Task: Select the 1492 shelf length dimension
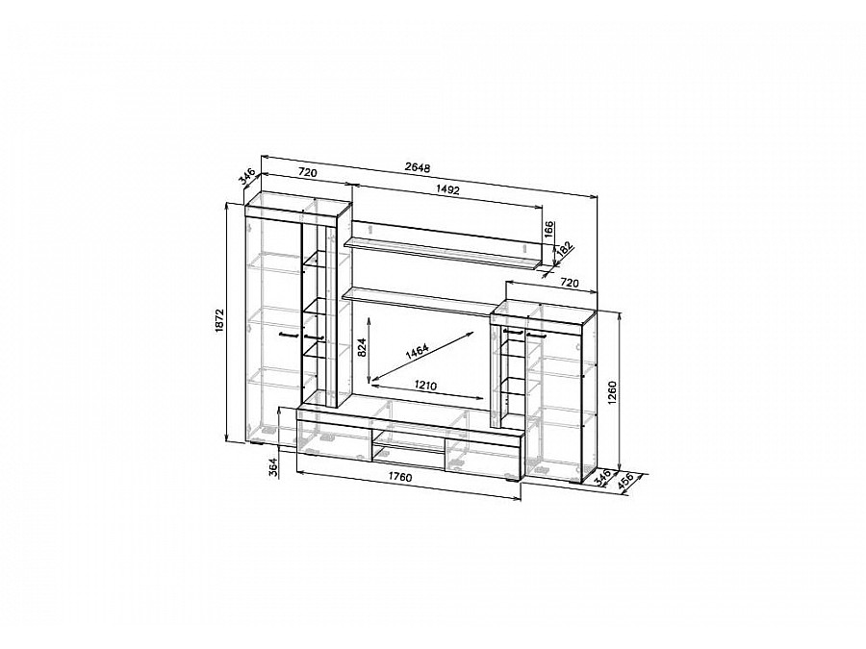447,189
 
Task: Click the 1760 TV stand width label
399,478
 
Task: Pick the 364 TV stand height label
273,468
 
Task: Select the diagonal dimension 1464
417,352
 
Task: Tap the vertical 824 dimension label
363,347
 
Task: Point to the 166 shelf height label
548,230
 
